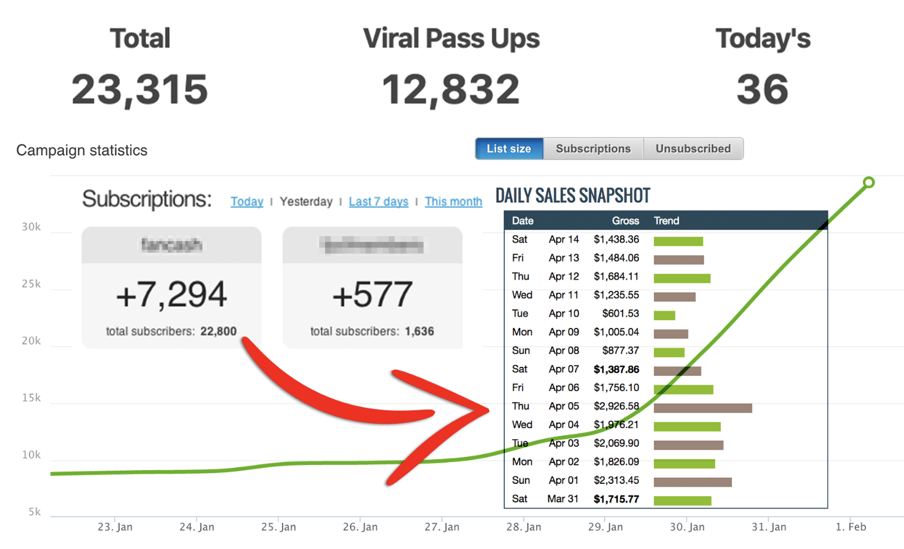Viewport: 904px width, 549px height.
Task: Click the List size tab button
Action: (509, 149)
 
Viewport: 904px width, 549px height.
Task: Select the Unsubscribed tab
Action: (693, 149)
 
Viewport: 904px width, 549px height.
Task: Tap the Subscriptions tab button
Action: (593, 149)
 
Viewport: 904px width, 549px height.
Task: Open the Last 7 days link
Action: (379, 202)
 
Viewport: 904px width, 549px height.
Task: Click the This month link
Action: (453, 202)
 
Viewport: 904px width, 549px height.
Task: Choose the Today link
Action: (247, 202)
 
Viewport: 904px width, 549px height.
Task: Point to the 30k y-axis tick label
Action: (31, 227)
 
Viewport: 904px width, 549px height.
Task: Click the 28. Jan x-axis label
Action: (524, 527)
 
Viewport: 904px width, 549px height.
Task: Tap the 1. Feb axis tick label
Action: (851, 527)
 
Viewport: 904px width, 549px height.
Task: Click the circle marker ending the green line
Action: (868, 183)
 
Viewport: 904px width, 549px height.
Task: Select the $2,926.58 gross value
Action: (616, 406)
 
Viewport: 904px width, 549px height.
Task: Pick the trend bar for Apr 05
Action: (702, 408)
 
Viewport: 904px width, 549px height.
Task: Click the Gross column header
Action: (625, 221)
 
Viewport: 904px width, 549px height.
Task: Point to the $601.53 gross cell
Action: (620, 313)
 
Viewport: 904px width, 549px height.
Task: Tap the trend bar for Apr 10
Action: (664, 316)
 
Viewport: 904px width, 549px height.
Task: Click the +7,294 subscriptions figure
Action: (171, 294)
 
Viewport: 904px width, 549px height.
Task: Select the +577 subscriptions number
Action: (372, 294)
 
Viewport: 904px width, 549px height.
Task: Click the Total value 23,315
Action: (140, 89)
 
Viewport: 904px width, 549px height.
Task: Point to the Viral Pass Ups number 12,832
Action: (451, 89)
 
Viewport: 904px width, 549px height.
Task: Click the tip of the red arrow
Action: (488, 410)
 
